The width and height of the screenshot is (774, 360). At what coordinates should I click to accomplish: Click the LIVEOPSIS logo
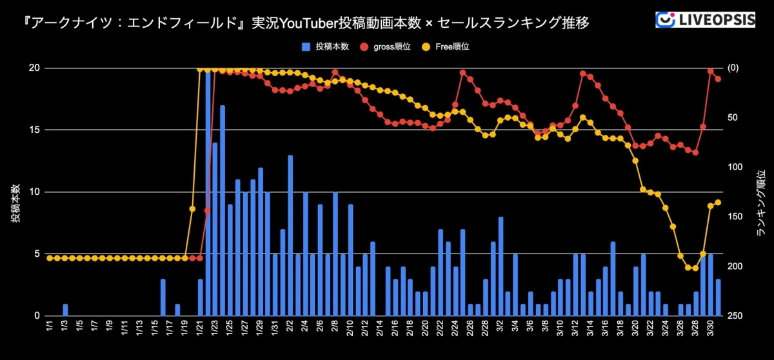[x=704, y=19]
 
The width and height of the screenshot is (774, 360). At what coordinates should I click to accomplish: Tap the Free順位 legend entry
[x=446, y=47]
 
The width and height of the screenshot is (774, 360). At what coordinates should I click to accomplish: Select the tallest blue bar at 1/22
[x=208, y=194]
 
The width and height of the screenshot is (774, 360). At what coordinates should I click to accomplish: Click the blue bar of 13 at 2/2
[x=290, y=235]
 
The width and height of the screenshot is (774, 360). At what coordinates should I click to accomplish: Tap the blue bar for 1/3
[x=65, y=310]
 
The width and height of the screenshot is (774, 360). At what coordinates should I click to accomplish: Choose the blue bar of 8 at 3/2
[x=501, y=266]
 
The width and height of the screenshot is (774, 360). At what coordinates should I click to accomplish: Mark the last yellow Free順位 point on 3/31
[x=718, y=203]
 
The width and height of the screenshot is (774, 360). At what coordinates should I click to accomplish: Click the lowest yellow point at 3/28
[x=695, y=268]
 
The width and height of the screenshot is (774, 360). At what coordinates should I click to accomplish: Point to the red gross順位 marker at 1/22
[x=207, y=210]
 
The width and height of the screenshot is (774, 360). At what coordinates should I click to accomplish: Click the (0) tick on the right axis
[x=733, y=68]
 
